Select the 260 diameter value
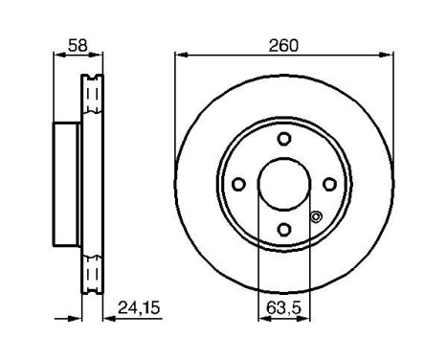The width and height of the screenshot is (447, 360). [284, 44]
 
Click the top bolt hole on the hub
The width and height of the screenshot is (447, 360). [284, 139]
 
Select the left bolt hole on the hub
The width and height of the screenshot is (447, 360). [240, 184]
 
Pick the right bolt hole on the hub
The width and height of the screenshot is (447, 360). [329, 184]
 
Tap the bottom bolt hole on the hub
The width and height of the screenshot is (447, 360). [284, 228]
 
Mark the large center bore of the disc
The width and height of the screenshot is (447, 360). [284, 183]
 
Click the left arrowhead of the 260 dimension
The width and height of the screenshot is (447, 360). [179, 55]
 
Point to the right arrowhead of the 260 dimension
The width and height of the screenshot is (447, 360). [390, 55]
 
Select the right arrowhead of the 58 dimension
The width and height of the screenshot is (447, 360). [101, 55]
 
